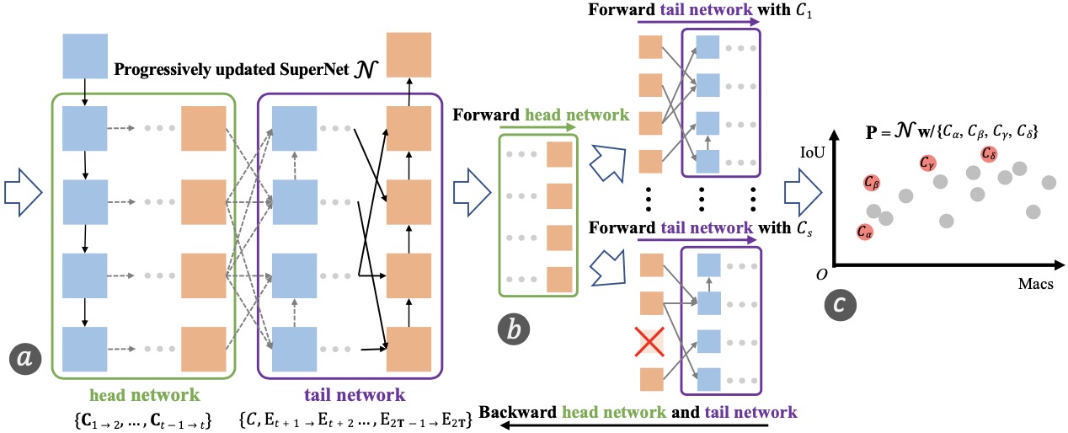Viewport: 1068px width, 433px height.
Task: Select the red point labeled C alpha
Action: [x=866, y=232]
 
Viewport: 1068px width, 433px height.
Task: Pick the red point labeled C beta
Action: [x=873, y=182]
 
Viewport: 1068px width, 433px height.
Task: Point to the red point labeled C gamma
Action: [x=927, y=163]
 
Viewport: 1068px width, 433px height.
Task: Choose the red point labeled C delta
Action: [x=988, y=153]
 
